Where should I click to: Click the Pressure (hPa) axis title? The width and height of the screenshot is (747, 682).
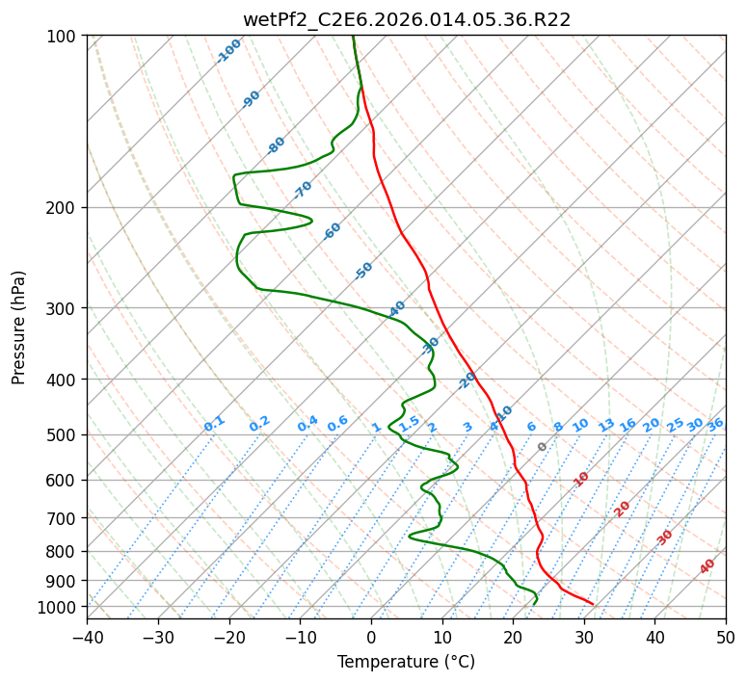click(18, 328)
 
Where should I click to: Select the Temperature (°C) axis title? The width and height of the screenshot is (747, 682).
click(406, 663)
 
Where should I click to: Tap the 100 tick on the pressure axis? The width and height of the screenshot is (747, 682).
click(63, 37)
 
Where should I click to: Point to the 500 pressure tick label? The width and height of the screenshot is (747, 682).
click(63, 434)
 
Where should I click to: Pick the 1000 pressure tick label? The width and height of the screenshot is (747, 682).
click(59, 607)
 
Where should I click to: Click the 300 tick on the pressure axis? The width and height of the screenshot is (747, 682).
click(63, 308)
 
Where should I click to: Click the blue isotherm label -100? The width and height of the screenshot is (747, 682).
click(228, 51)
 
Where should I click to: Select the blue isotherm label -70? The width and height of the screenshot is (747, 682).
click(303, 189)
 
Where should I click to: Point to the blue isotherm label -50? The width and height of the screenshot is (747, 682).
click(363, 271)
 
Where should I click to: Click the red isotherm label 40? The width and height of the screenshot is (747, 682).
click(707, 566)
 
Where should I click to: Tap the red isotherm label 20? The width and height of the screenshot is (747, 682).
click(623, 508)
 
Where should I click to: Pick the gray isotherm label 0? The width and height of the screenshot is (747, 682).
click(543, 447)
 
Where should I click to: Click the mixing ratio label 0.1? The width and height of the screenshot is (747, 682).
click(214, 424)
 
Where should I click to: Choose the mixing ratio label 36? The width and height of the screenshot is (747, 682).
click(715, 424)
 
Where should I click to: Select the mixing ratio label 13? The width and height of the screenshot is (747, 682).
click(606, 425)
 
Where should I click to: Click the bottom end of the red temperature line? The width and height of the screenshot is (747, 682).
click(593, 604)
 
